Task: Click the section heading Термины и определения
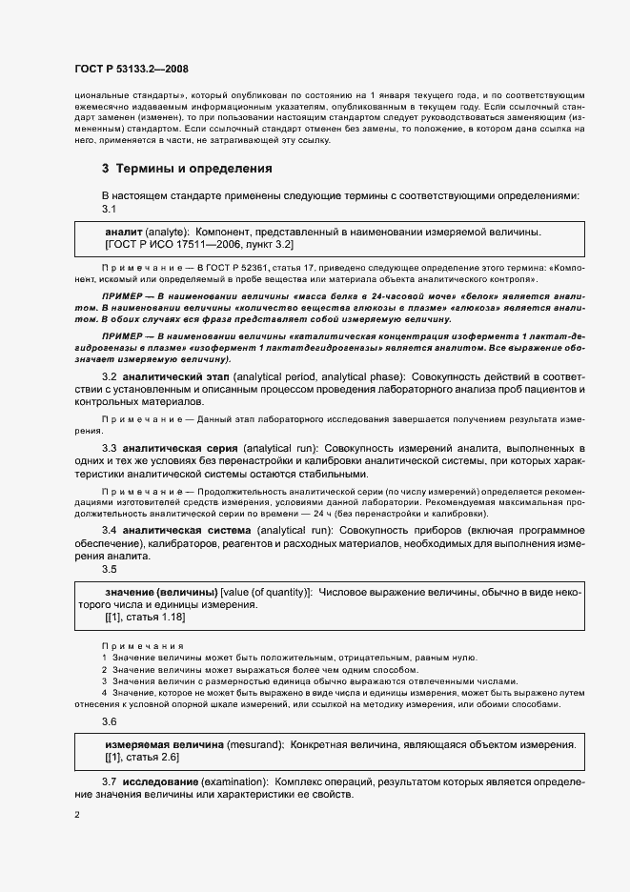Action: [188, 169]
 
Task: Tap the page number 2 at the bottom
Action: [77, 815]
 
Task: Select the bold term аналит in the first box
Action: [124, 232]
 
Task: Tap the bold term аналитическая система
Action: [178, 530]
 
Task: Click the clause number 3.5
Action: [109, 570]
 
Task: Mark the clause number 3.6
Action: [109, 721]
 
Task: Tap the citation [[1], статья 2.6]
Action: [142, 757]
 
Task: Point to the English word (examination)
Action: [234, 781]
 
